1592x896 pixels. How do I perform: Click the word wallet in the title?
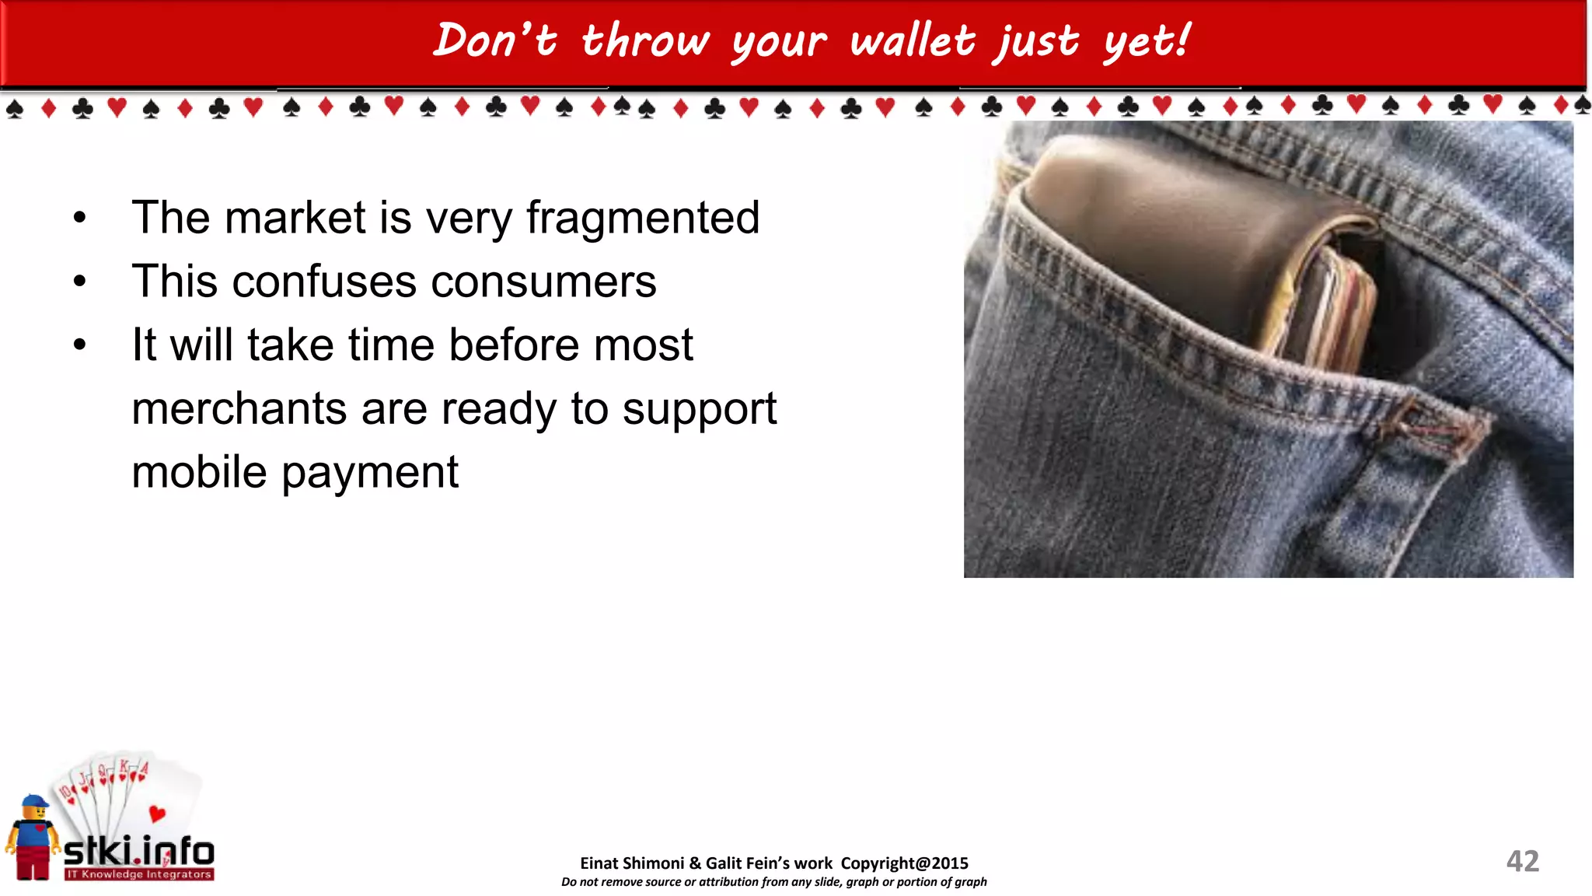tap(912, 40)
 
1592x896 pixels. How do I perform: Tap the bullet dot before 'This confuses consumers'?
tap(79, 282)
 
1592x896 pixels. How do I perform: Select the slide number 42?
tap(1522, 861)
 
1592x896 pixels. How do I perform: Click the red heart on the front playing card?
tap(157, 814)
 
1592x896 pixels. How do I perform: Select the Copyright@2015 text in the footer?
tap(904, 863)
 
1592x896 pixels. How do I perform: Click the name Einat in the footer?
tap(599, 863)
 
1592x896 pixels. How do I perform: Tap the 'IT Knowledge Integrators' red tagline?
tap(138, 874)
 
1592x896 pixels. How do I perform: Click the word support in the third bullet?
tap(699, 409)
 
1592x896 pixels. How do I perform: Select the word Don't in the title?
tap(495, 40)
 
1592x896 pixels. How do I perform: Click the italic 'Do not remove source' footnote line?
tap(773, 882)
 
